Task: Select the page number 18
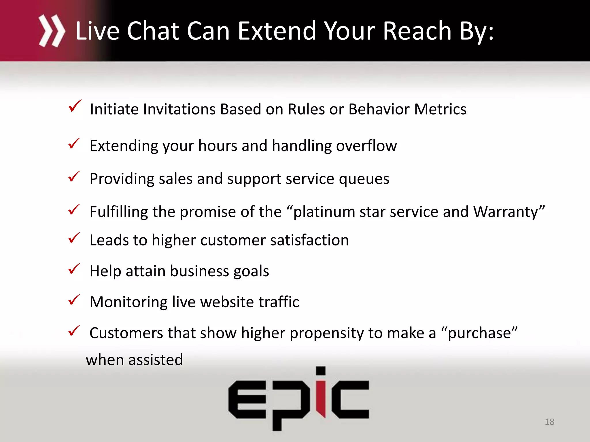(549, 422)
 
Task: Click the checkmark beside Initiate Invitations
(75, 106)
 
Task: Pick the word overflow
(366, 146)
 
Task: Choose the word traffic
(279, 302)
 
